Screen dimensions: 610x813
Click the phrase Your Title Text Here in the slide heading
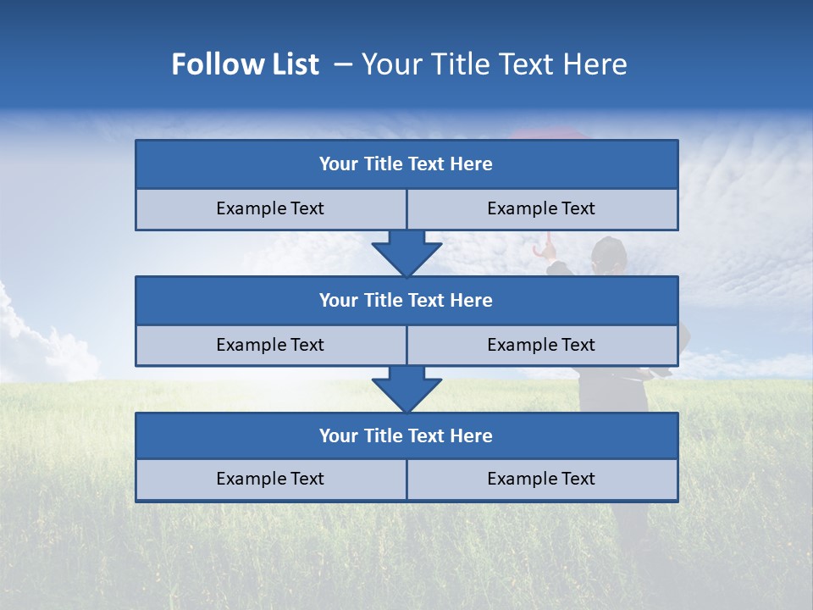click(x=495, y=64)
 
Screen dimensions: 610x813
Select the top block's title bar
click(x=406, y=164)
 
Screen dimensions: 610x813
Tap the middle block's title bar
click(x=406, y=300)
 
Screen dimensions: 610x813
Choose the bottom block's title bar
click(x=406, y=435)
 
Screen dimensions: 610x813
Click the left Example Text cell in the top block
click(x=270, y=208)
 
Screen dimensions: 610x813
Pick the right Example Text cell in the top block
click(x=541, y=208)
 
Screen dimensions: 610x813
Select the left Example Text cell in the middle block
click(x=270, y=345)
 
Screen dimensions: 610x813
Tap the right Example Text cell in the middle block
click(x=541, y=345)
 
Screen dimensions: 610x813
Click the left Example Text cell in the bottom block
click(x=270, y=479)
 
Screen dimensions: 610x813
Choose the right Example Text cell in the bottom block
click(x=541, y=479)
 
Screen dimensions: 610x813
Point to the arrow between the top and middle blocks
click(x=406, y=253)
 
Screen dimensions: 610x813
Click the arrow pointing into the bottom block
click(x=406, y=390)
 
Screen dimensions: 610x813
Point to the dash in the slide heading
click(x=344, y=64)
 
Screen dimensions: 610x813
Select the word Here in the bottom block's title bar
click(x=472, y=435)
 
